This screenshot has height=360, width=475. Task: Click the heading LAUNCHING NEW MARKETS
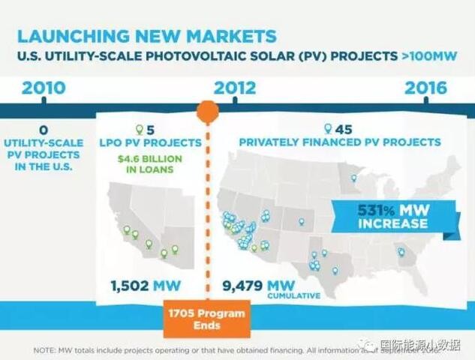(146, 35)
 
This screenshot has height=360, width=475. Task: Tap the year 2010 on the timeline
(44, 88)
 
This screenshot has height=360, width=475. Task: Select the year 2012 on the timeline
(235, 88)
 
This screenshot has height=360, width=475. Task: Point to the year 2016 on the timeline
(425, 88)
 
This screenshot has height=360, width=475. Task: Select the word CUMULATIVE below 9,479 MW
(294, 297)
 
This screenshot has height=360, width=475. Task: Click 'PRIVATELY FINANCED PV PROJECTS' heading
(339, 142)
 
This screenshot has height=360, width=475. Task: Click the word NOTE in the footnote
(47, 349)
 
